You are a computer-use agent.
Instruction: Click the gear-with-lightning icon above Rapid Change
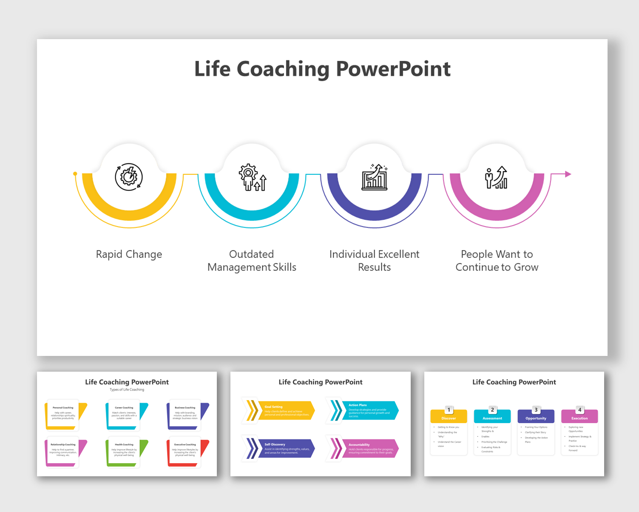pos(129,177)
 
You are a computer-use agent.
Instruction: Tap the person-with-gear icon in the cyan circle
pos(252,177)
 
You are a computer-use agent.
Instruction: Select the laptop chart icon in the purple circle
pos(375,177)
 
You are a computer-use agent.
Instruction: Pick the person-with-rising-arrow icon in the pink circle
pos(497,177)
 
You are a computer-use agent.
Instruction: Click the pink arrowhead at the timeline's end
pos(568,174)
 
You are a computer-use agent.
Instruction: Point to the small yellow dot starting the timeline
pos(75,174)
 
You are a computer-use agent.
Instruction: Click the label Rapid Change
pos(129,254)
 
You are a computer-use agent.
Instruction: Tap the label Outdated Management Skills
pos(252,261)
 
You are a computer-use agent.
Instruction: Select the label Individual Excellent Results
pos(374,261)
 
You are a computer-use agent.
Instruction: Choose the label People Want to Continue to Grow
pos(497,261)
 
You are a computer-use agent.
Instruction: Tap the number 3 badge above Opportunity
pos(536,410)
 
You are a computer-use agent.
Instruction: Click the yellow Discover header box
pos(449,418)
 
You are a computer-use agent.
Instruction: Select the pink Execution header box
pos(579,418)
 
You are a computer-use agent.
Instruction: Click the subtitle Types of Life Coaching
pos(127,390)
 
